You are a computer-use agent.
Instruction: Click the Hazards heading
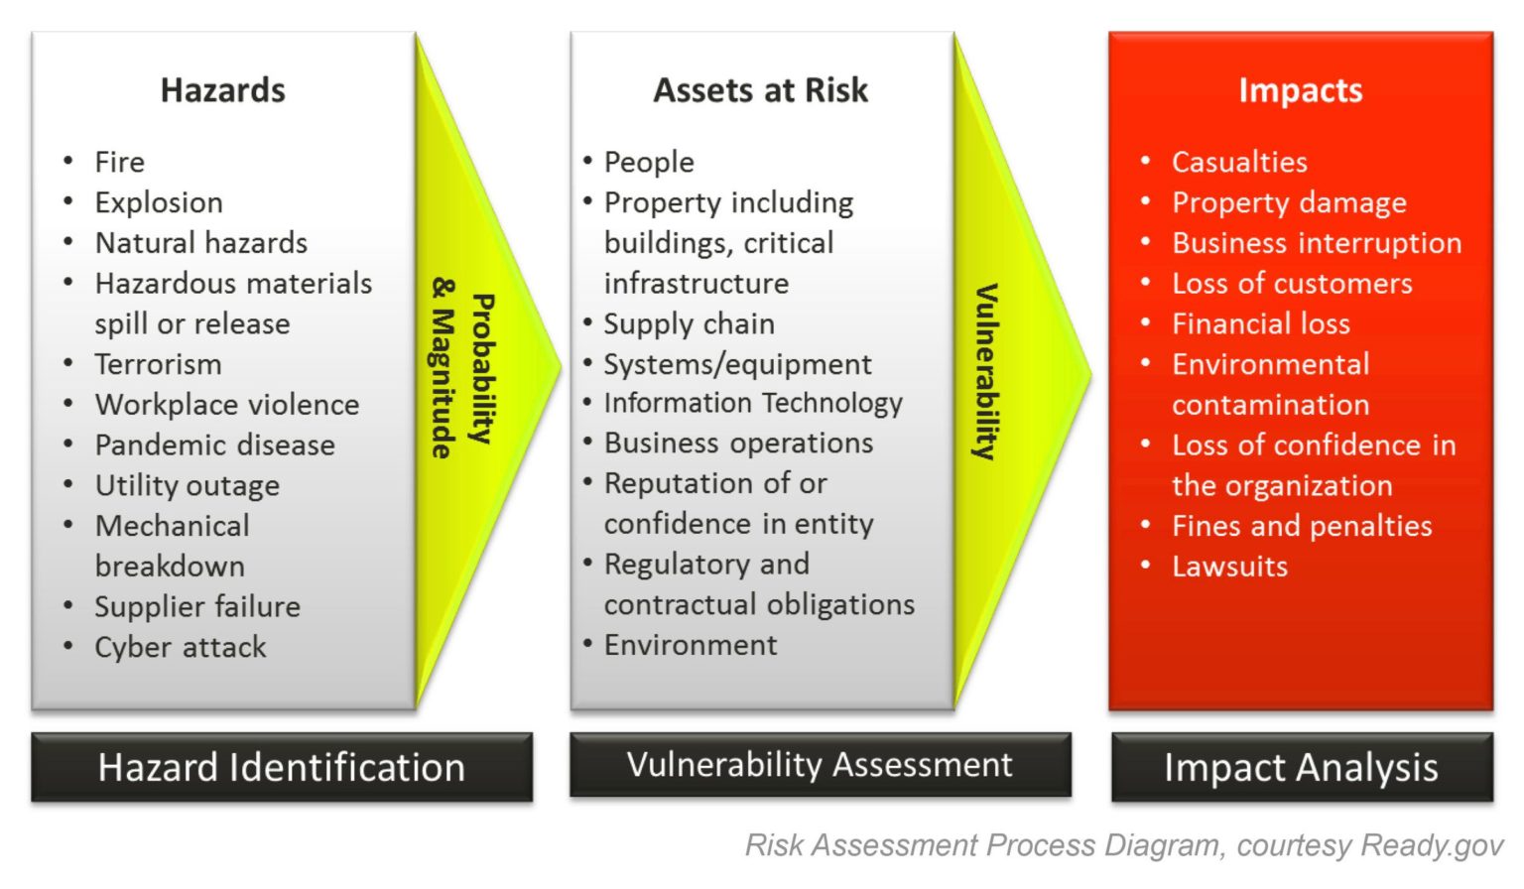point(222,90)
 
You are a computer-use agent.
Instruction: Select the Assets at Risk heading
point(760,90)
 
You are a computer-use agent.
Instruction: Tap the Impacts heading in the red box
point(1300,90)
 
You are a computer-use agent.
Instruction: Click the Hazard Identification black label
point(282,767)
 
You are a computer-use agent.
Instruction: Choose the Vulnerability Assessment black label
point(820,764)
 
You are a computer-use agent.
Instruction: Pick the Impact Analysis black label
point(1301,767)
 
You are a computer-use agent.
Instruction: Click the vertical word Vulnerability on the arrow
point(985,372)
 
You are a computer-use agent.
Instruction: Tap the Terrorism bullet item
point(158,364)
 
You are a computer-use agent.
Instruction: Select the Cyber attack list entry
point(181,647)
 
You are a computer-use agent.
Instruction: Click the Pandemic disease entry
point(214,444)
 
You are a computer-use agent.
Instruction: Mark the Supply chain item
point(689,323)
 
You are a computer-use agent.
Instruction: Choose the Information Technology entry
point(753,403)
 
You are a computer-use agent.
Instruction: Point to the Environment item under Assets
point(691,645)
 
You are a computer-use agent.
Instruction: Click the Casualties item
point(1239,162)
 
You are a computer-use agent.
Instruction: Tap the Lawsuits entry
point(1229,567)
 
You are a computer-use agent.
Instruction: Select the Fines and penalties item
point(1302,526)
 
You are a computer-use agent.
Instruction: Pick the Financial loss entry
point(1260,323)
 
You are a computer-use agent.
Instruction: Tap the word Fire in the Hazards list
point(119,162)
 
